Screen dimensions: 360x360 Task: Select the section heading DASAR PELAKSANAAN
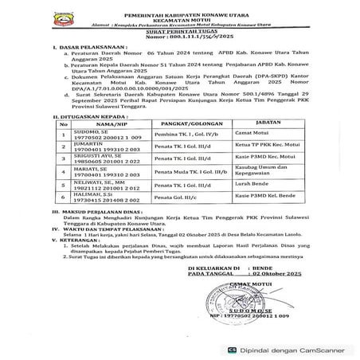pyautogui.click(x=85, y=48)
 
